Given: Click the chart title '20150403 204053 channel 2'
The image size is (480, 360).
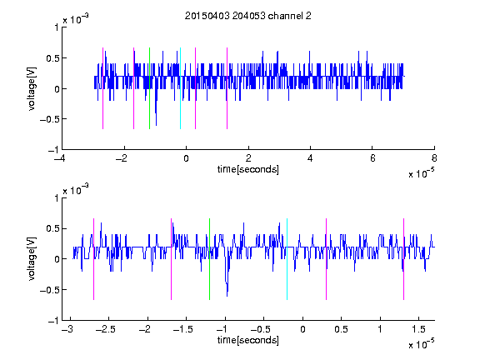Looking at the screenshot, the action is pos(248,16).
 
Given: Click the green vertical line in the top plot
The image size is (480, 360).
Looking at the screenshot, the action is pos(149,88).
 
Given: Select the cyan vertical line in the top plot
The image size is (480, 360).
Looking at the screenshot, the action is pos(180,88).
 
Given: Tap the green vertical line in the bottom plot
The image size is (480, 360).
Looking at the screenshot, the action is pos(210,259).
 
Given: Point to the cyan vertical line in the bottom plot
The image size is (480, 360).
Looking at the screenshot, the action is pos(287,259).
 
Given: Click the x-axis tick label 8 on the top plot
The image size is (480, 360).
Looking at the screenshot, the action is pos(434,158).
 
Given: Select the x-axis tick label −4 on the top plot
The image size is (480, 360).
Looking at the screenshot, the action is pos(59,158).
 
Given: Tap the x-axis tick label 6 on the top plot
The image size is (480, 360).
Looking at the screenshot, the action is pos(372,158).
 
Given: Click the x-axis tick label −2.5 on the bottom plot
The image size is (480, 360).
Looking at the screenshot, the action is pos(105,329).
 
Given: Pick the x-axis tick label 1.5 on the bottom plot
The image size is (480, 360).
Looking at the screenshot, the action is pos(419,329).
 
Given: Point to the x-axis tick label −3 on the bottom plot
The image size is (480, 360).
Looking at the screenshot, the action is pos(67,329).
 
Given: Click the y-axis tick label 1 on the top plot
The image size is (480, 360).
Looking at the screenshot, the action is pos(57,27).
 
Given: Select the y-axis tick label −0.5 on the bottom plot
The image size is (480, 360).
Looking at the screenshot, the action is pos(49,290).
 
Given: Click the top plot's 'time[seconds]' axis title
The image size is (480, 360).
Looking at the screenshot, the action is pos(248,169).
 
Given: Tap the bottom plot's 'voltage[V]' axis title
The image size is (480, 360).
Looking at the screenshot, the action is pos(32,259).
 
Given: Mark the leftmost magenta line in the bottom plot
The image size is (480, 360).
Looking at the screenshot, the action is pos(93,259).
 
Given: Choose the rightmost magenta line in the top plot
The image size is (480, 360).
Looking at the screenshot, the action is pos(227,88).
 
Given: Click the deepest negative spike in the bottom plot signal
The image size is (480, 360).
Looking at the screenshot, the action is pos(227,296).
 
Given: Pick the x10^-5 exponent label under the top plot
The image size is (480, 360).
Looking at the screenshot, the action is pos(422,173).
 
